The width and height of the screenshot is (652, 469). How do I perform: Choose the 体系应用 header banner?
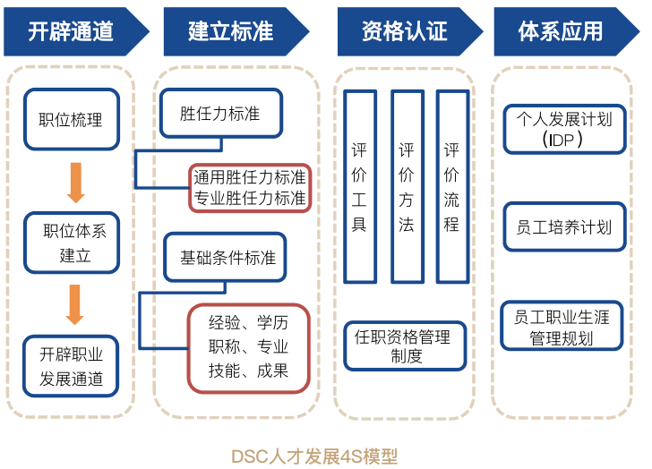pos(562,30)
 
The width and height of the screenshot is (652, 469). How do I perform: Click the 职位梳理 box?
pos(71,119)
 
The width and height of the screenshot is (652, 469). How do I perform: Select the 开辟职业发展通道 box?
pos(72,366)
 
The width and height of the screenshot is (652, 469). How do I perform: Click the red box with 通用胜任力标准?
pos(249,188)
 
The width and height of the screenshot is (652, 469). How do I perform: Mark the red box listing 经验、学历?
pos(248,347)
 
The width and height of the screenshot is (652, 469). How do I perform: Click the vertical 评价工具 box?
pos(359,185)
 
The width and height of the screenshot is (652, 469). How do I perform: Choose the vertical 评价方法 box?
pos(407,185)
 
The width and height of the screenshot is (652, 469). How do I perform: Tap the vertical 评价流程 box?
pos(451,185)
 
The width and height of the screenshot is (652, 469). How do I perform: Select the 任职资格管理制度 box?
pos(405,346)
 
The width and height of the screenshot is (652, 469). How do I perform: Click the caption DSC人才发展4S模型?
pos(326,456)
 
